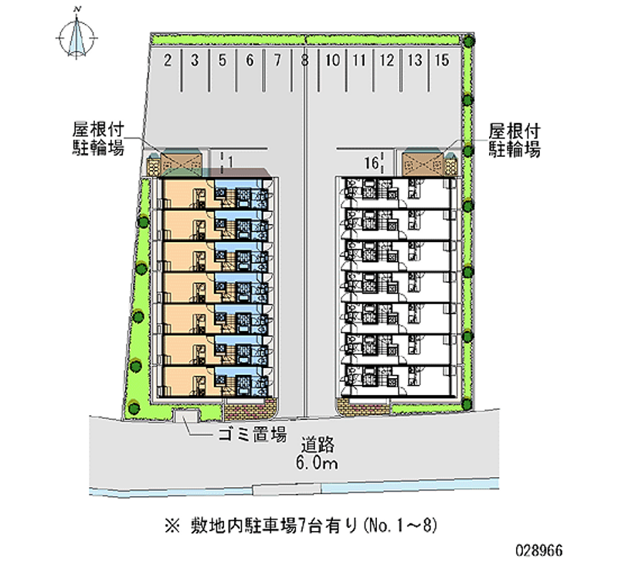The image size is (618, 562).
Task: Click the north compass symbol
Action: pyautogui.click(x=76, y=35)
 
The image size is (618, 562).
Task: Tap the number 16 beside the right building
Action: pyautogui.click(x=372, y=162)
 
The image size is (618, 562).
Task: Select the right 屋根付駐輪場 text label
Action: pyautogui.click(x=514, y=140)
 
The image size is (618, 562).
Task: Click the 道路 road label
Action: pyautogui.click(x=317, y=444)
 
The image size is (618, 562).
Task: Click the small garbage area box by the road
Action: pyautogui.click(x=185, y=417)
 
